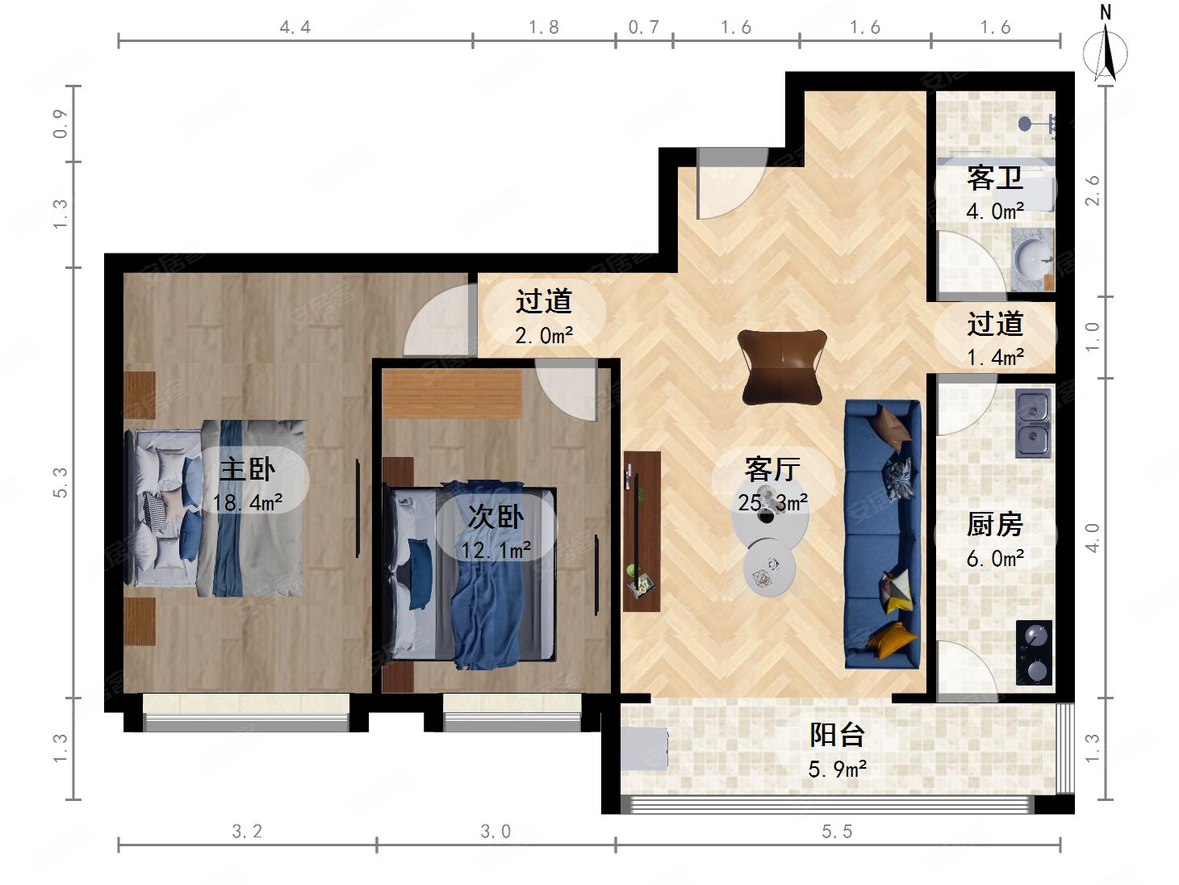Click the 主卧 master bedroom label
[x=247, y=470]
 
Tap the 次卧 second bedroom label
[x=495, y=518]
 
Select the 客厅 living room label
[x=772, y=470]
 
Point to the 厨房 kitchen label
[x=995, y=524]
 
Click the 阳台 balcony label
[x=837, y=735]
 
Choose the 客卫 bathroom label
[x=995, y=178]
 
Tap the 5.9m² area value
[x=837, y=770]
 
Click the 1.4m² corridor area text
[x=995, y=358]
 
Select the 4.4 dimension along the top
[x=295, y=27]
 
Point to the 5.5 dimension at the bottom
[x=837, y=832]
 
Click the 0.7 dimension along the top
[x=643, y=27]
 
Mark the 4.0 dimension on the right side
[x=1093, y=537]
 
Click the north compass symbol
[x=1106, y=48]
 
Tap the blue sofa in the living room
[x=883, y=534]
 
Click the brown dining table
[x=782, y=367]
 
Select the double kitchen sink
[x=1034, y=423]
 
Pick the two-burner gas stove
[x=1034, y=653]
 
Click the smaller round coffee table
[x=769, y=568]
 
